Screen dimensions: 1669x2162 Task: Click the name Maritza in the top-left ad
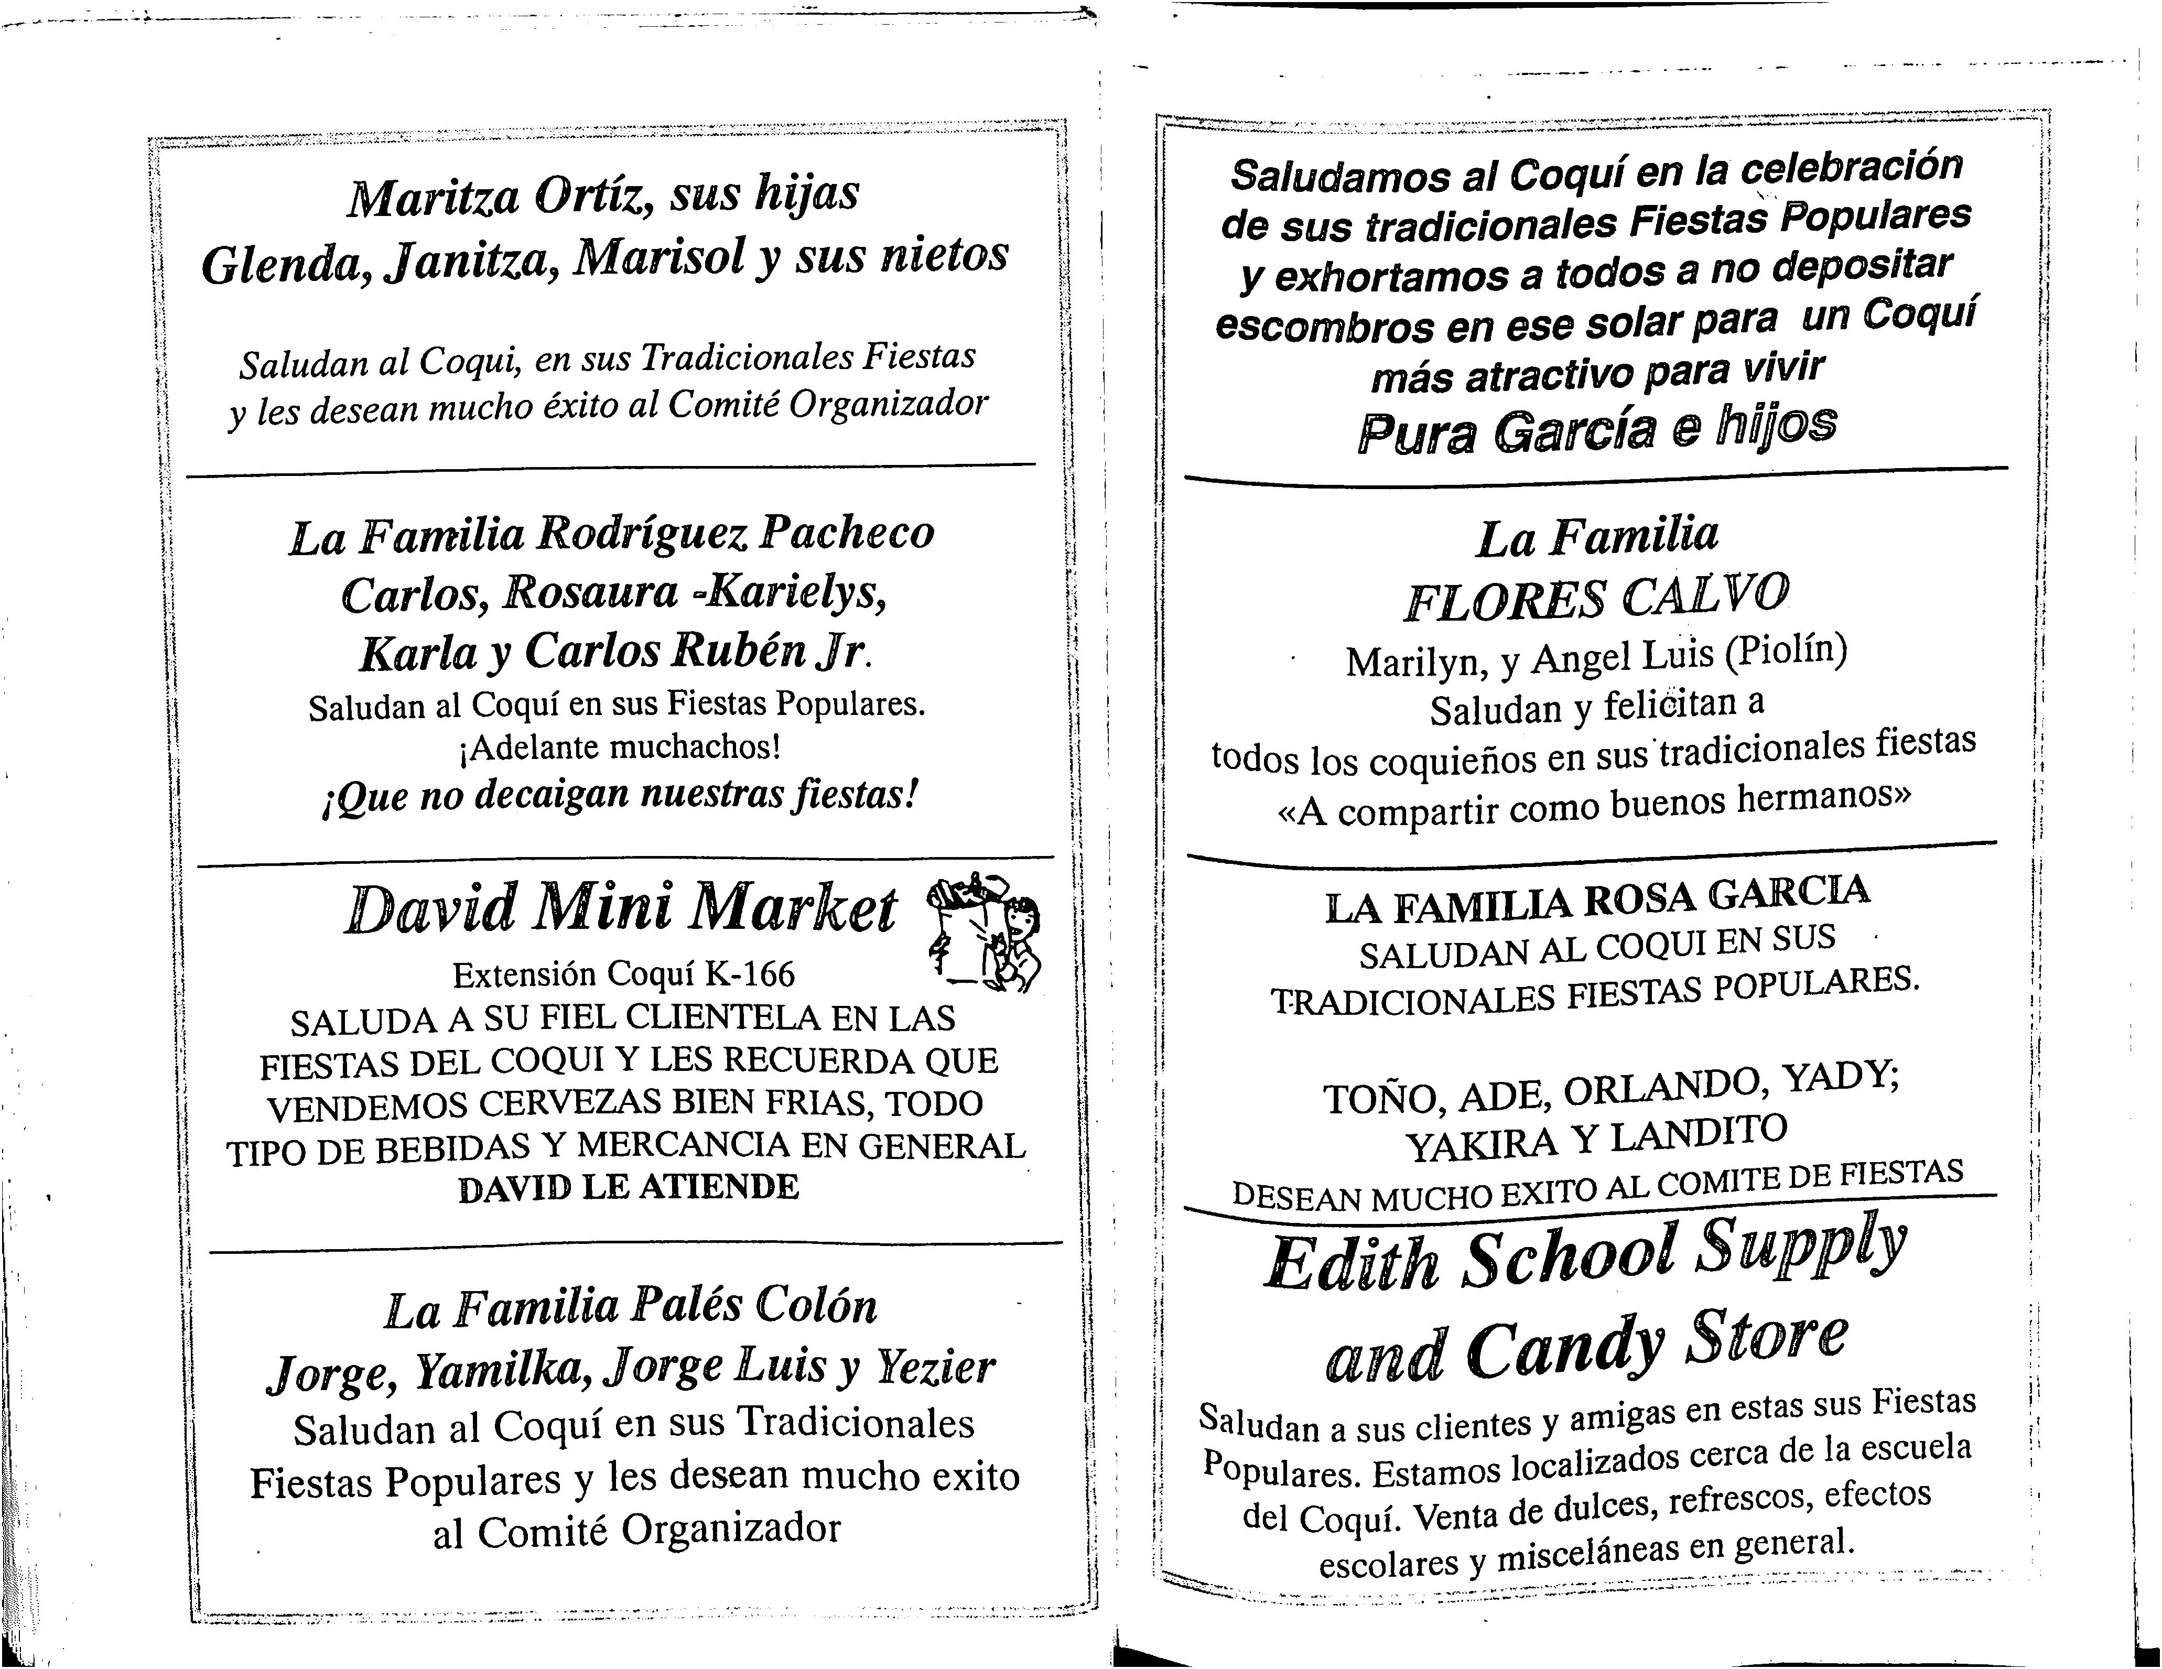click(433, 198)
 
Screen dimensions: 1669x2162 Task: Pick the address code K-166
click(749, 975)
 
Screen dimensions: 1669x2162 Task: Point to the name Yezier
click(935, 1367)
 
